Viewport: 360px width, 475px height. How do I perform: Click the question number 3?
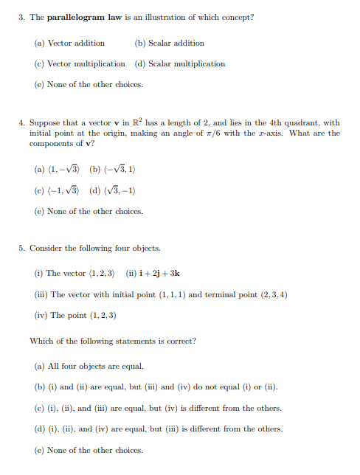click(22, 17)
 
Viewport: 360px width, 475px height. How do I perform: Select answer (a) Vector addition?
click(69, 43)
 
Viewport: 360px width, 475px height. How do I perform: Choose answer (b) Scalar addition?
click(169, 43)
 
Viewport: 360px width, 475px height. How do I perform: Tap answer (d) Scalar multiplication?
click(179, 63)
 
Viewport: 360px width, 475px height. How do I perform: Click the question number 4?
click(22, 122)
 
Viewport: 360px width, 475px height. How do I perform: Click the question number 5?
click(22, 249)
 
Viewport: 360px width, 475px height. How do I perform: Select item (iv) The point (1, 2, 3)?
click(75, 315)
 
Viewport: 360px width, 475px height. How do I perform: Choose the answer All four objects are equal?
click(95, 366)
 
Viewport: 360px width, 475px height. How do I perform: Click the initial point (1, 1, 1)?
click(170, 294)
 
